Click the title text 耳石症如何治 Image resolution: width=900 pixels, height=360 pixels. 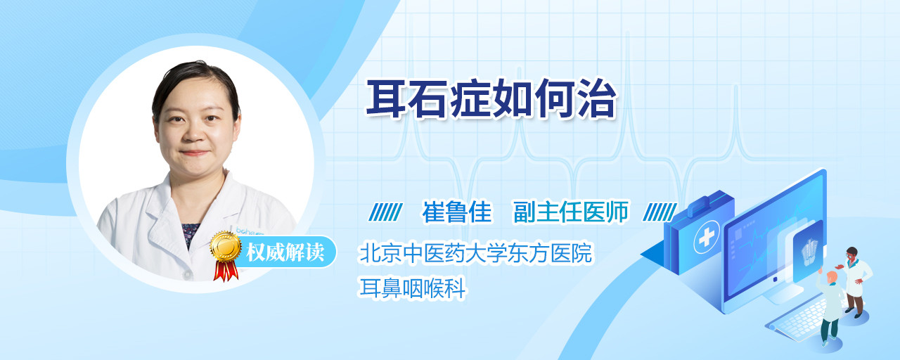coord(491,99)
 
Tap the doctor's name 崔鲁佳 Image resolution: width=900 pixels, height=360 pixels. coord(457,212)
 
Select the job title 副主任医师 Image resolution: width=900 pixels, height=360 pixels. coord(570,212)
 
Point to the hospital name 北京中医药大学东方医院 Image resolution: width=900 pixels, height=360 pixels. coord(476,253)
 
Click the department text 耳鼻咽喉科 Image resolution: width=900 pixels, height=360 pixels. coord(413,288)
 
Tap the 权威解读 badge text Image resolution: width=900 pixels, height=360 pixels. coord(285,252)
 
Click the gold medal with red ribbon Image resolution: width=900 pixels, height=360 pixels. coord(226,255)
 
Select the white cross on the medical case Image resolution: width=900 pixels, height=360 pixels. coord(707,238)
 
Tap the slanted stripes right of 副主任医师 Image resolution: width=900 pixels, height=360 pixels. coord(660,212)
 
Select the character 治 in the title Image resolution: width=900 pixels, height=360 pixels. coord(596,99)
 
